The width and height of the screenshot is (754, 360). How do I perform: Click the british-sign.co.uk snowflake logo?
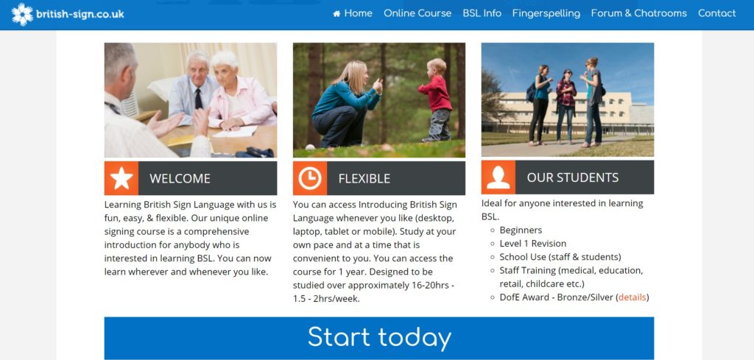[22, 15]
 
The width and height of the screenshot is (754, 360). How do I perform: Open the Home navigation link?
[353, 13]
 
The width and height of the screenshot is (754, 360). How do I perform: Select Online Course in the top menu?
[417, 13]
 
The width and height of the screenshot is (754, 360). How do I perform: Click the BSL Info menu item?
[482, 13]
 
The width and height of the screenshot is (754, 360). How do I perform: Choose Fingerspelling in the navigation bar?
[546, 14]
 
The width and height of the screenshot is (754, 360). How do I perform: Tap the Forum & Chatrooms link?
[638, 13]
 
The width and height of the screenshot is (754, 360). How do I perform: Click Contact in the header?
[717, 13]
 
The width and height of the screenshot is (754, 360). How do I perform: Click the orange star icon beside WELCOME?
[121, 178]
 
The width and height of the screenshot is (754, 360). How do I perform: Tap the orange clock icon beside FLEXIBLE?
[310, 178]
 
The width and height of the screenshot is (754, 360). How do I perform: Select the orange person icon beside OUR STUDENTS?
[498, 177]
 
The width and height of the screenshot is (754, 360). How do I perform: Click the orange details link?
[633, 297]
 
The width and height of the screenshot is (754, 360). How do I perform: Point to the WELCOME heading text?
[180, 179]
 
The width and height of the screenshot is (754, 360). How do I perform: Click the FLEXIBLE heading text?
[364, 179]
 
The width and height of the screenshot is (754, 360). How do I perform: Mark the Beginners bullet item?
[521, 230]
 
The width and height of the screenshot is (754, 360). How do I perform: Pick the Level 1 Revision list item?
[533, 243]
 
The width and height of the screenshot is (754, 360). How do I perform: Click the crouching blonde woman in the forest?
[345, 104]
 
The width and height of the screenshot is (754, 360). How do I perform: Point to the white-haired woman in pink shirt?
[241, 91]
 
